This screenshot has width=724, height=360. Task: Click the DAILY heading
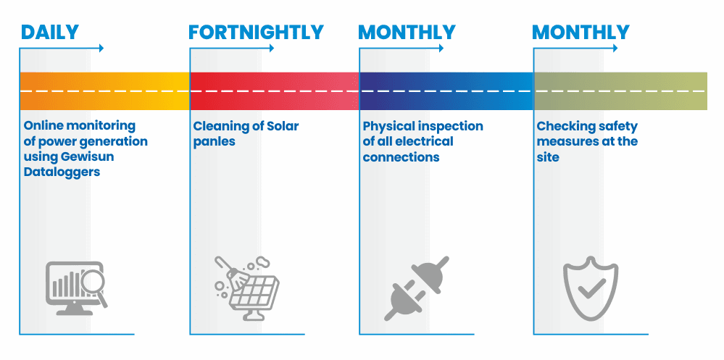(x=50, y=33)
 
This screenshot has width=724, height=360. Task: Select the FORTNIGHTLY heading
(x=256, y=33)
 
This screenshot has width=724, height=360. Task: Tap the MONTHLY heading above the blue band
(x=407, y=33)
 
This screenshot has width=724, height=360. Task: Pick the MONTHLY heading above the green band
(x=581, y=33)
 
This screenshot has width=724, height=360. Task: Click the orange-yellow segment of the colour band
(x=105, y=91)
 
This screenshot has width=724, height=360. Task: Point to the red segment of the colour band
(x=275, y=91)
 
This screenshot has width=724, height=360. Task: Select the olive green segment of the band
(x=620, y=91)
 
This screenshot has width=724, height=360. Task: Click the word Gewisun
(x=88, y=157)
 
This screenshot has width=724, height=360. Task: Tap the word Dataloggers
(x=62, y=172)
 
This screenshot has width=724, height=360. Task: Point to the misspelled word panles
(x=215, y=141)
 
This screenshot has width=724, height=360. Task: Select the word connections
(x=401, y=157)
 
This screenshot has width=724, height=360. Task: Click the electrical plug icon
(x=417, y=288)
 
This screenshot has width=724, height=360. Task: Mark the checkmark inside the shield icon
(x=591, y=288)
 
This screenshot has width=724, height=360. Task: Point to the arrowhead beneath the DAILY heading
(x=101, y=48)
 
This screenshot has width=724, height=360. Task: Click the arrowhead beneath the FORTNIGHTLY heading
(x=271, y=48)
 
